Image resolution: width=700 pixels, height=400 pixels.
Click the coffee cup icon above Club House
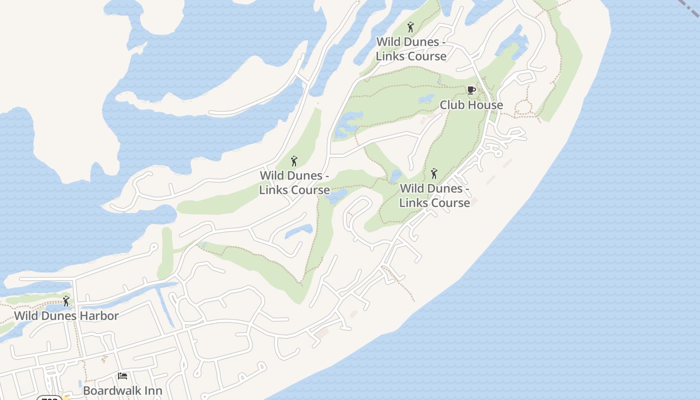coord(471,90)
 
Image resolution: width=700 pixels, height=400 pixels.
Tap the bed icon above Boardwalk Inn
coord(122,375)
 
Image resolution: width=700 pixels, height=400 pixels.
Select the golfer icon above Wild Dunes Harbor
coord(66,301)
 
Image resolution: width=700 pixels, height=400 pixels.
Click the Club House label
coord(471,105)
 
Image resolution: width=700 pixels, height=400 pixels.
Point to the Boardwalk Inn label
coord(122,390)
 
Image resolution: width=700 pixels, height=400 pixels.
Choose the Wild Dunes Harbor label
coord(66,316)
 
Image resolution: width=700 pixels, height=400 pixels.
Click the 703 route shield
coord(49,398)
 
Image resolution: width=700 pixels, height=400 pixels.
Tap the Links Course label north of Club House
coord(411,49)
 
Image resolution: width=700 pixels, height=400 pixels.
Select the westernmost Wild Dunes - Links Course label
coord(294,183)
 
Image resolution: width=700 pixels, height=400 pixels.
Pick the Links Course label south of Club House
coord(434,195)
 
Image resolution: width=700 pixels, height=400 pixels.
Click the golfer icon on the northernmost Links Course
coord(411,27)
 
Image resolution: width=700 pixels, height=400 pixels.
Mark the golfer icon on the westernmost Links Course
coord(294,161)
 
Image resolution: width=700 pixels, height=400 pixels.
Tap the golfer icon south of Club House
coord(434,173)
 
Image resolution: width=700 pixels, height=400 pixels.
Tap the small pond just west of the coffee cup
coord(426,98)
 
